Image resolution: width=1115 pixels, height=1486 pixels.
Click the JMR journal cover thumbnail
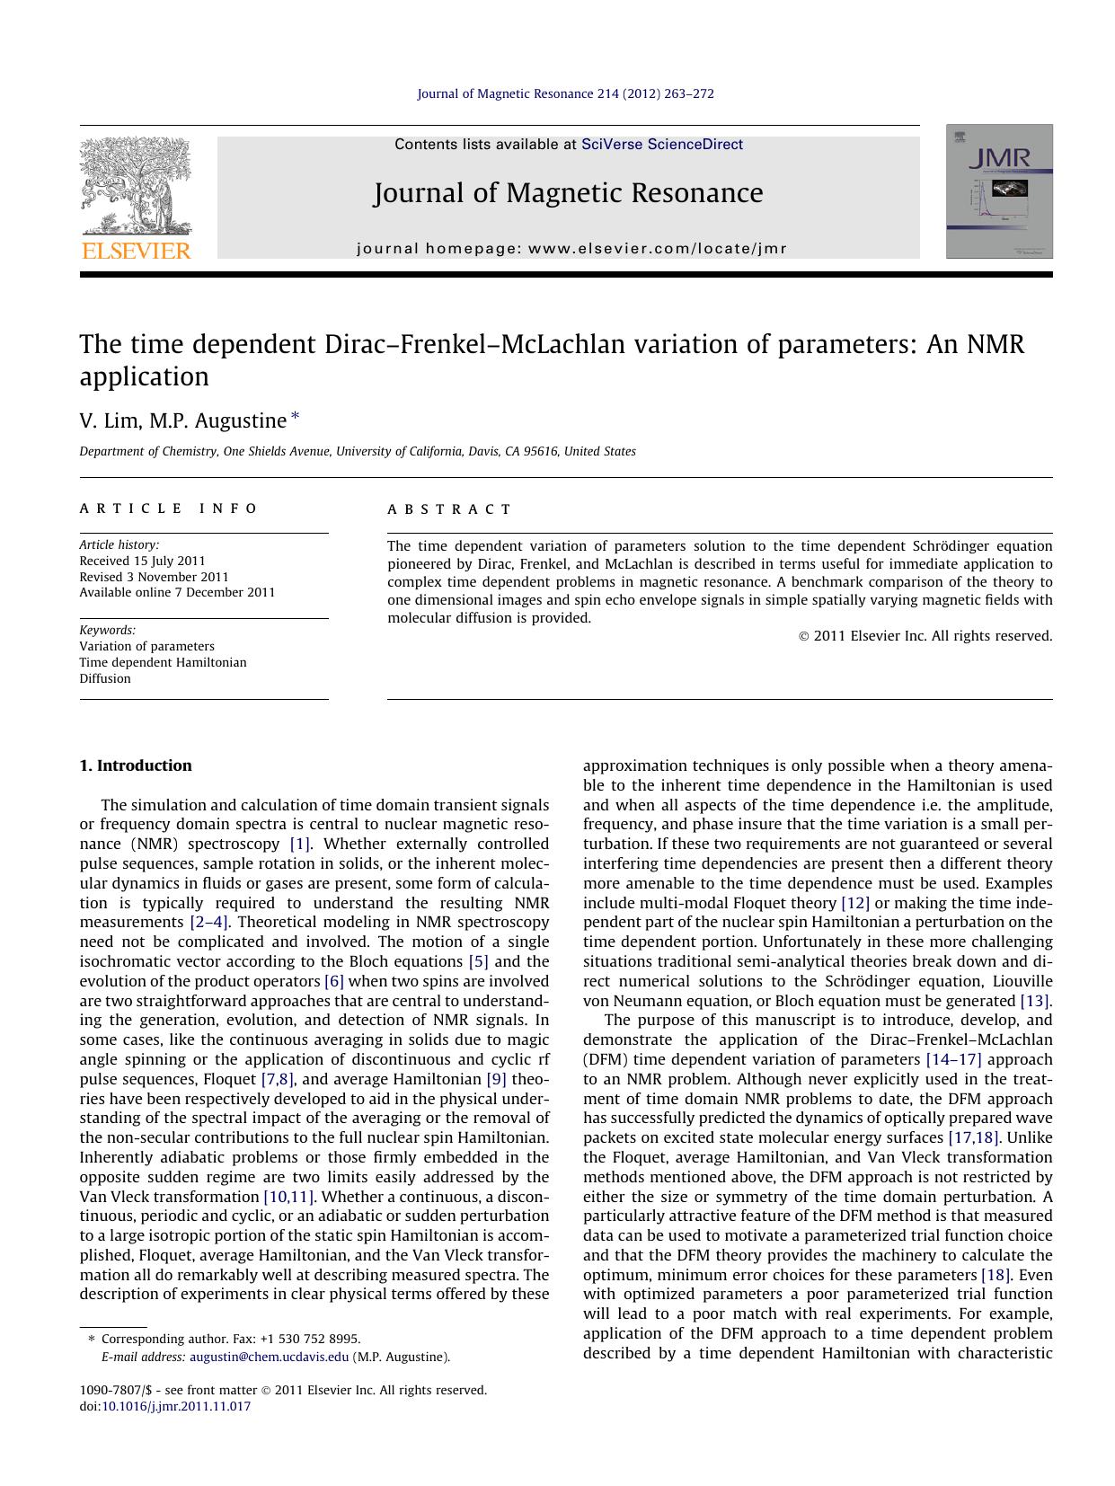(x=998, y=191)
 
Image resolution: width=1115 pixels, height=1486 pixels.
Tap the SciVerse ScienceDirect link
(x=661, y=145)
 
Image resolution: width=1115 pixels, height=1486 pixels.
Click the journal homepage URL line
(x=571, y=249)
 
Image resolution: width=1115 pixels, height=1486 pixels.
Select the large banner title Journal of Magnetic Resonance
(x=568, y=193)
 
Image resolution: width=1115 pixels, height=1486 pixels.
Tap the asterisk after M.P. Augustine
(x=296, y=418)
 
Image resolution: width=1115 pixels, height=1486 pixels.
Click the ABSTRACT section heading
(x=449, y=509)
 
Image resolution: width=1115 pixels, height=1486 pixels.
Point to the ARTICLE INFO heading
(x=168, y=509)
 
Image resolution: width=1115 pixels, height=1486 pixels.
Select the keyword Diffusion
(x=105, y=678)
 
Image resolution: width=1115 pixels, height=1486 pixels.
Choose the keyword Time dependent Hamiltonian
(x=163, y=662)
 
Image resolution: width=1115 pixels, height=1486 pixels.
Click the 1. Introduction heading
(x=136, y=765)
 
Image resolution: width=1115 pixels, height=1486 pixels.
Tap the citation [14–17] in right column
(x=953, y=1059)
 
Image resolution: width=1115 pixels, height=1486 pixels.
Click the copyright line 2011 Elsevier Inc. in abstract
(x=925, y=636)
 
